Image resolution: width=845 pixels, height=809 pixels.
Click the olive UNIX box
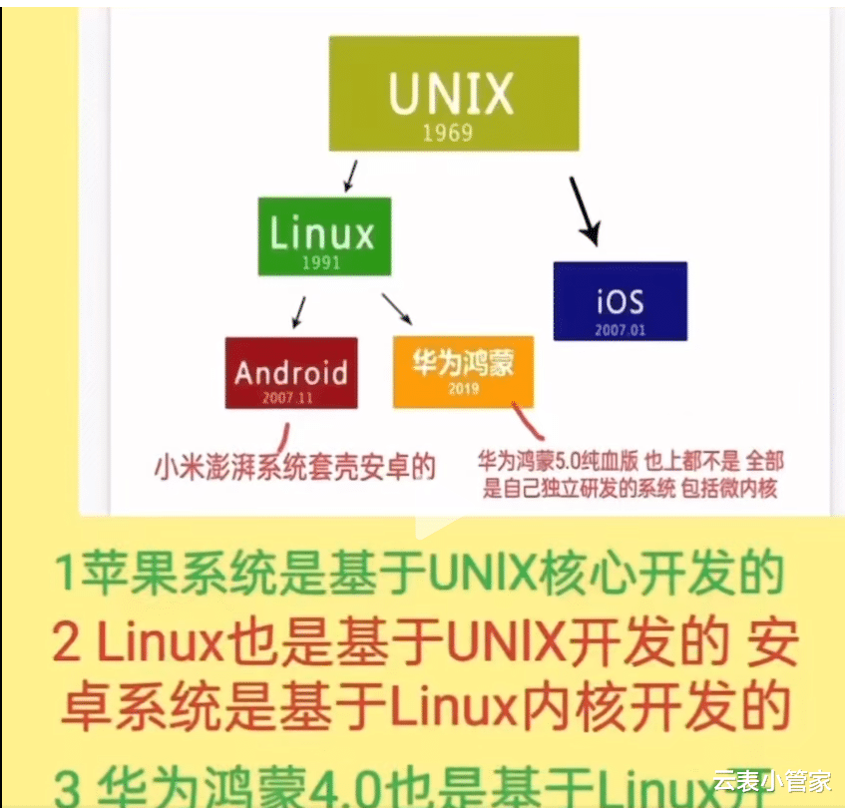point(453,93)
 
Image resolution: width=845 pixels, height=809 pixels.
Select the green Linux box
point(323,235)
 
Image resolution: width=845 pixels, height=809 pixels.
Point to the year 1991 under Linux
point(320,263)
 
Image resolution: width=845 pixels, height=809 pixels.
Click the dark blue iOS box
point(620,300)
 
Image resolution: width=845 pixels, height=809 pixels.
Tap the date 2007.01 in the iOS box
point(620,329)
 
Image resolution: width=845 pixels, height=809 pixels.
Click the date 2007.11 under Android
point(289,397)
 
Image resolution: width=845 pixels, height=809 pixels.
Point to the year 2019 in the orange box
point(464,389)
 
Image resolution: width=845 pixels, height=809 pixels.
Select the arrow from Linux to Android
point(297,311)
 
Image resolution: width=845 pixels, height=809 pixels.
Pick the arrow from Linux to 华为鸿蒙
point(396,308)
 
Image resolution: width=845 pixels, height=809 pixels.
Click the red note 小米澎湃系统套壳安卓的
point(296,466)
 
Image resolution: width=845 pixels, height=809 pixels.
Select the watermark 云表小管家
point(772,781)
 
